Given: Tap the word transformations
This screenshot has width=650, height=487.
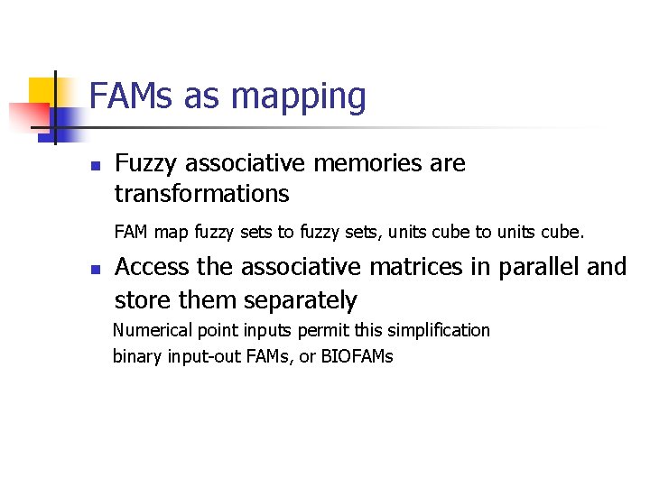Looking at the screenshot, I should pyautogui.click(x=201, y=194).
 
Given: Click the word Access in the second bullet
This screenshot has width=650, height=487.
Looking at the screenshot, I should pyautogui.click(x=150, y=267).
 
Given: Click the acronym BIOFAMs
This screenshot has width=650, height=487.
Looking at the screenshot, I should pyautogui.click(x=357, y=356).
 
